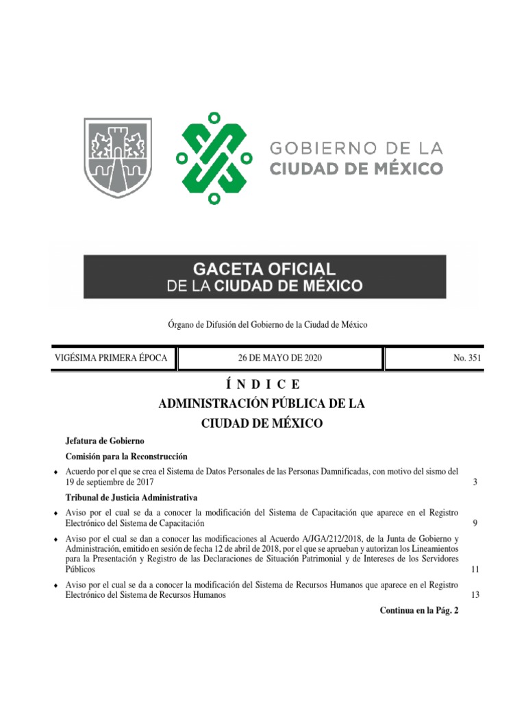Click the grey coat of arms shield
(x=118, y=158)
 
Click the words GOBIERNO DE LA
(x=356, y=147)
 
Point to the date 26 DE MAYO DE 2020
(x=279, y=359)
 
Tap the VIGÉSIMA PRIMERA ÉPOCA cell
(x=110, y=359)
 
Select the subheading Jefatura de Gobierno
(x=104, y=441)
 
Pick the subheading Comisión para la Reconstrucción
(x=126, y=457)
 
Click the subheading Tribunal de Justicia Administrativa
(x=131, y=497)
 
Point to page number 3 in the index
(x=475, y=483)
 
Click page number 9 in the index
(x=475, y=524)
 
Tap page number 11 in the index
(x=475, y=570)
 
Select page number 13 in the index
(x=475, y=595)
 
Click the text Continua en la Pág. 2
(x=418, y=610)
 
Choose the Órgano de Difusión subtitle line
(x=262, y=324)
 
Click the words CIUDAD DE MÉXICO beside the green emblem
(x=356, y=168)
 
